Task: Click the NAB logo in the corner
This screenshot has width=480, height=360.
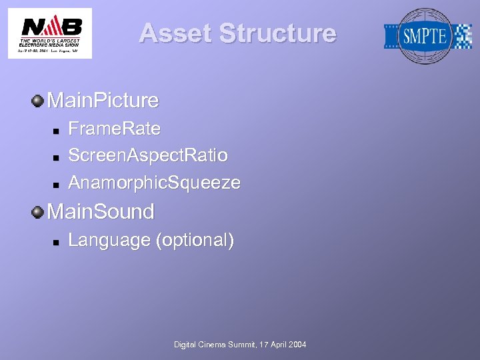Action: pyautogui.click(x=49, y=33)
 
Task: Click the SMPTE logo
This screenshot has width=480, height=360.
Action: pyautogui.click(x=428, y=36)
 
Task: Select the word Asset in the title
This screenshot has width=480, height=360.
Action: pyautogui.click(x=175, y=33)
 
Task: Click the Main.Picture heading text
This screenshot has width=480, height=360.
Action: pyautogui.click(x=103, y=101)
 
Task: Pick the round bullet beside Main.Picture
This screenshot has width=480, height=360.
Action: pyautogui.click(x=38, y=101)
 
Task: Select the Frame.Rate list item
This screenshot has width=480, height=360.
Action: pyautogui.click(x=114, y=128)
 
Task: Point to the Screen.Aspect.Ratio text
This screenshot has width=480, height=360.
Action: pyautogui.click(x=148, y=155)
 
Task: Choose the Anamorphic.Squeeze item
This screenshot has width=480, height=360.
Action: pyautogui.click(x=154, y=183)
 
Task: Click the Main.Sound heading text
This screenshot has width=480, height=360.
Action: pyautogui.click(x=101, y=212)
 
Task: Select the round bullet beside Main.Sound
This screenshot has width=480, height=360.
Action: pyautogui.click(x=38, y=212)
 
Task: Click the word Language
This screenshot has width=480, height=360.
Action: pyautogui.click(x=109, y=240)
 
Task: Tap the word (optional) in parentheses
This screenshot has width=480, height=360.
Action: pyautogui.click(x=195, y=240)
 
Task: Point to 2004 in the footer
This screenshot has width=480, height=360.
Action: pyautogui.click(x=297, y=345)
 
